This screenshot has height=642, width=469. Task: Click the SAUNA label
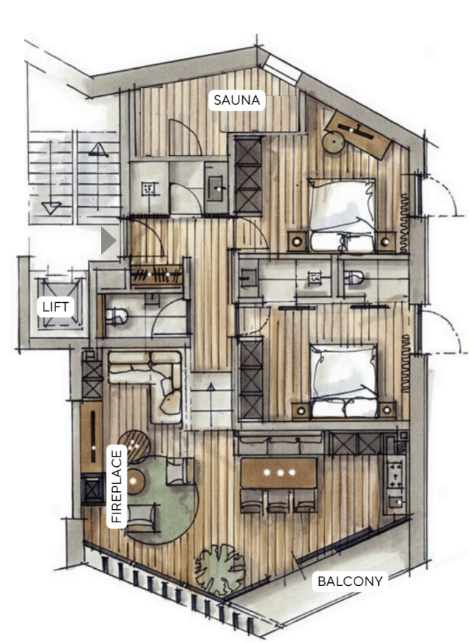236,100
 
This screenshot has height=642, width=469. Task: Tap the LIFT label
55,307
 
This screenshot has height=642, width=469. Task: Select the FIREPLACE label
117,486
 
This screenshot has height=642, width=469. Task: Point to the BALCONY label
350,581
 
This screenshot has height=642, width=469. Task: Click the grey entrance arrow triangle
108,241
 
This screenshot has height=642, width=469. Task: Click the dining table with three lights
278,473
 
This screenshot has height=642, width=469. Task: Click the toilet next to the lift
117,316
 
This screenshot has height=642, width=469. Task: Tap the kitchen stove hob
394,473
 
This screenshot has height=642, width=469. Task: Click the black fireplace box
92,489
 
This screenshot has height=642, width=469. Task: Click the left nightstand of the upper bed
298,241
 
